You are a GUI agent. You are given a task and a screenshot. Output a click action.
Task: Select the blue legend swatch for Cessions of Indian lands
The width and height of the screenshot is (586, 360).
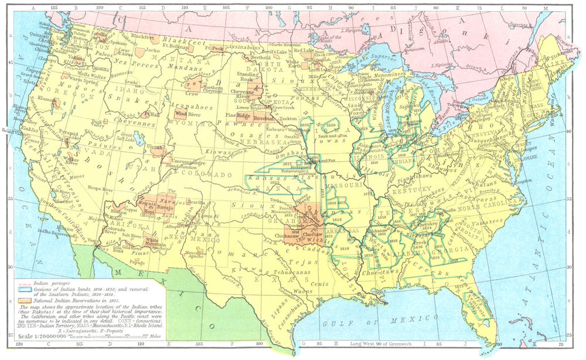(23, 290)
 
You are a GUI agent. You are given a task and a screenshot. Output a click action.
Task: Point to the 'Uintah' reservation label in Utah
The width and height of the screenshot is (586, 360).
(157, 148)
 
